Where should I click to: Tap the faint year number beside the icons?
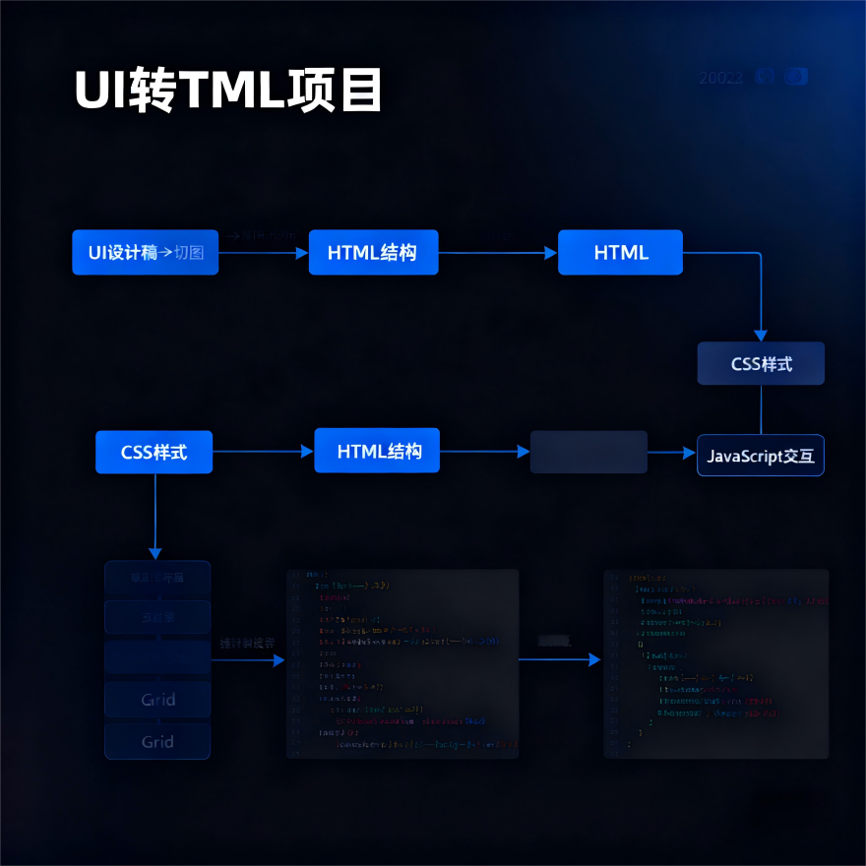coord(720,78)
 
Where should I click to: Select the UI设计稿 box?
coord(145,253)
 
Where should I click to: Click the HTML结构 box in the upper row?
coord(373,253)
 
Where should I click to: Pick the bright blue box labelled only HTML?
coord(620,253)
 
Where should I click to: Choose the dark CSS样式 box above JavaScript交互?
coord(761,364)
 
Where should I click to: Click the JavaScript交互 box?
coord(761,456)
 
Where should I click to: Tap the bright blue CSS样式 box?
coord(154,453)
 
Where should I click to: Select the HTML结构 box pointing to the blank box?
coord(377,452)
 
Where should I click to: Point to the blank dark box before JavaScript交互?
coord(588,452)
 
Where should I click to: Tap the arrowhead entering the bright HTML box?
coord(551,253)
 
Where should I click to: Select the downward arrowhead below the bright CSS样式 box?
coord(155,553)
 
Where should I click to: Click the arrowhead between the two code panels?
coord(594,659)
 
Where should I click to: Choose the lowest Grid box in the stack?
coord(157,742)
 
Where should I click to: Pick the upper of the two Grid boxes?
coord(157,700)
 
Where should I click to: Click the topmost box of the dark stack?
coord(157,579)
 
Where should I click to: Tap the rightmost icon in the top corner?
coord(797,77)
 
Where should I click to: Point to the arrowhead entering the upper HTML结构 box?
coord(302,253)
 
